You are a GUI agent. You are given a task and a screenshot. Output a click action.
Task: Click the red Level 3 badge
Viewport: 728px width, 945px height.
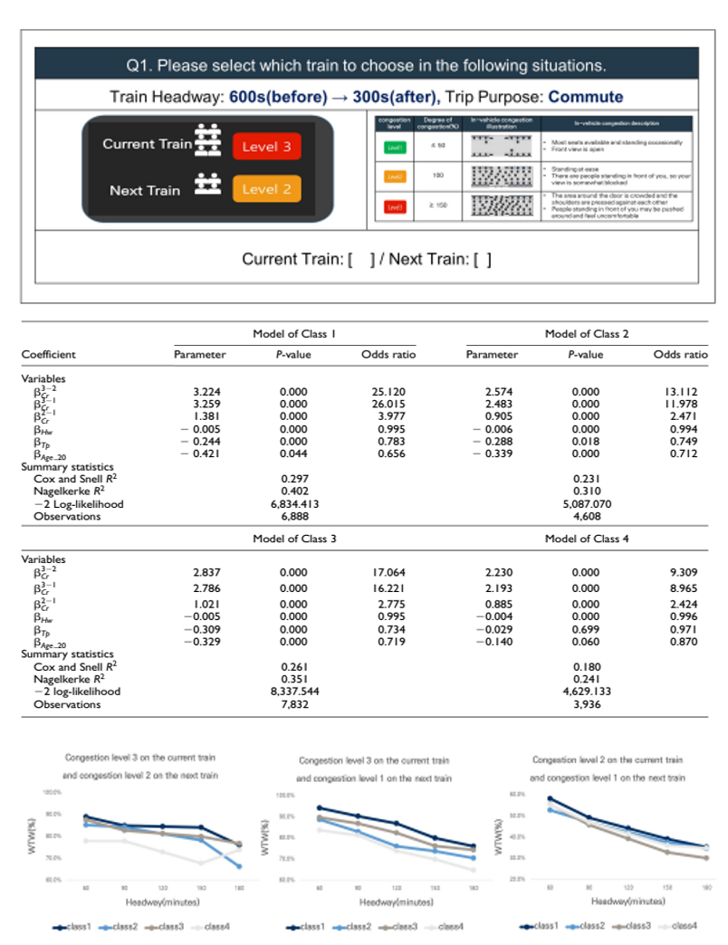266,146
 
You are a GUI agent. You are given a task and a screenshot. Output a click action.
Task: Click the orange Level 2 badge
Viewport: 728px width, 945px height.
266,189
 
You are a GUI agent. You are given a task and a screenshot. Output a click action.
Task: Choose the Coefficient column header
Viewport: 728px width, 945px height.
49,355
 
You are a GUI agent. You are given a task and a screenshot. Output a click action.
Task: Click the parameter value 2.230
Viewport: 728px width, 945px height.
500,572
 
